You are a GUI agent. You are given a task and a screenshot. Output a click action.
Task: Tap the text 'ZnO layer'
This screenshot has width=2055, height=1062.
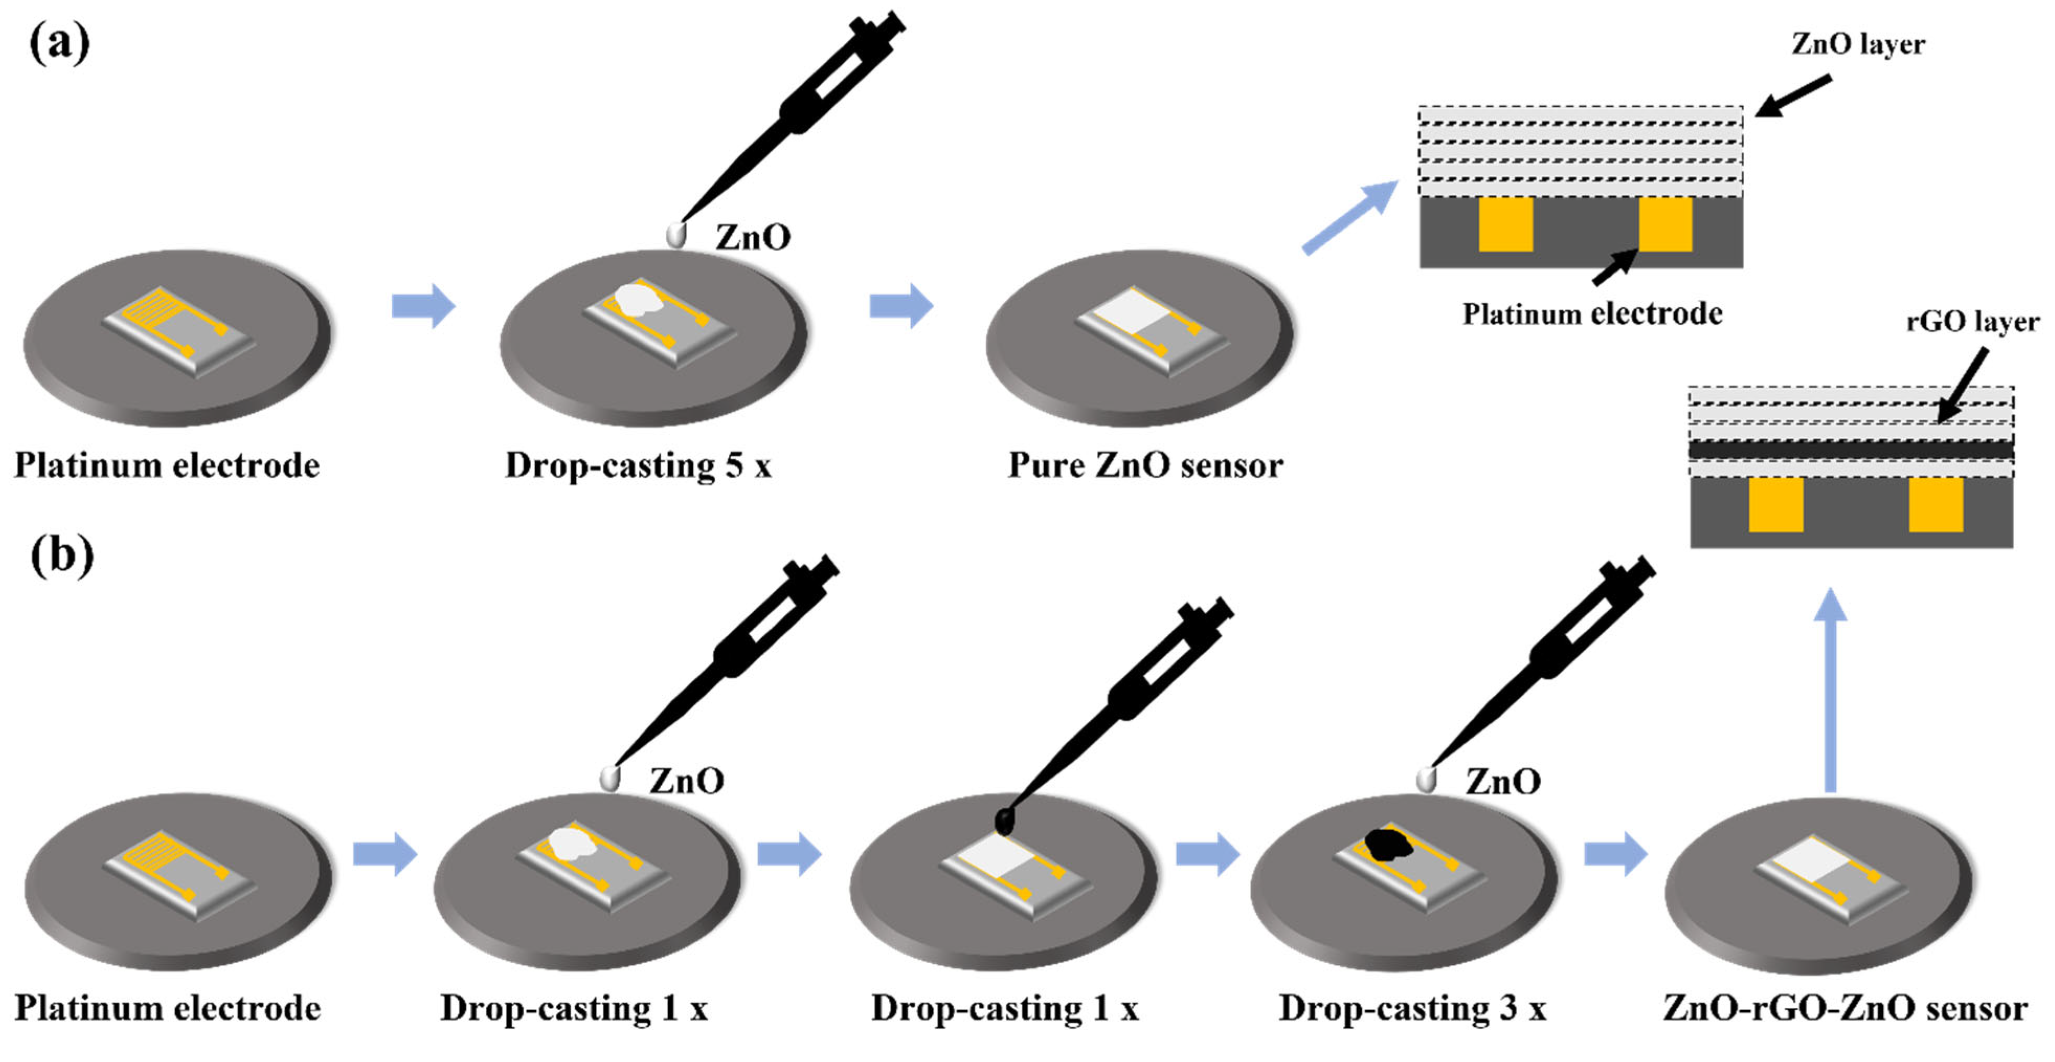tap(1857, 44)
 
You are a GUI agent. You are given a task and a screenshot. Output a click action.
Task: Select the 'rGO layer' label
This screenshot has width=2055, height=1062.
tap(1971, 322)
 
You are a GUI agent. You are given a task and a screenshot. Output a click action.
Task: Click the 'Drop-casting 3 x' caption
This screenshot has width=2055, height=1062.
tap(1412, 1009)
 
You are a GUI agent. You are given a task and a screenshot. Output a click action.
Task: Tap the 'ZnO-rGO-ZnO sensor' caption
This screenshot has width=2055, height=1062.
tap(1844, 1009)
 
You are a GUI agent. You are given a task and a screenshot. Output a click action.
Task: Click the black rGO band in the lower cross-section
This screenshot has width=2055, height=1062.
tap(1851, 451)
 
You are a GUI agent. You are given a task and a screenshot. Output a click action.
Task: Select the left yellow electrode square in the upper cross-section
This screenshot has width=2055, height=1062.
tap(1505, 225)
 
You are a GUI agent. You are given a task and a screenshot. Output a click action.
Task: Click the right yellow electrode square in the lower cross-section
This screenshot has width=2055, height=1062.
tap(1935, 504)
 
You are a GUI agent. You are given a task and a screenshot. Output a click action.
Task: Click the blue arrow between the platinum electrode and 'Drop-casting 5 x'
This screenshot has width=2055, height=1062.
tap(423, 306)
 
